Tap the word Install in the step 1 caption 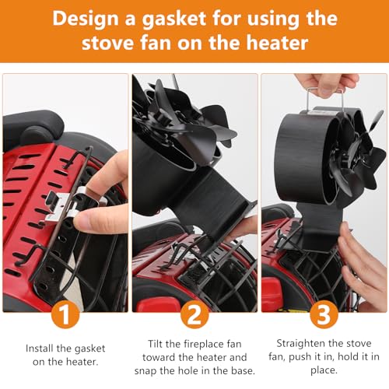point(41,346)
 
